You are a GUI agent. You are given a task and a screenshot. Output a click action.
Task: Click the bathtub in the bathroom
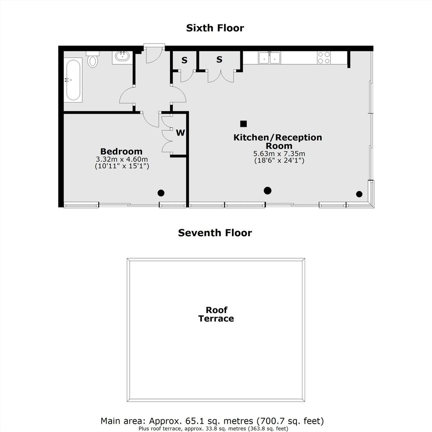coord(73,80)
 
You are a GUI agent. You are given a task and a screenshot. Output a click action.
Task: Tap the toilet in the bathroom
coord(92,59)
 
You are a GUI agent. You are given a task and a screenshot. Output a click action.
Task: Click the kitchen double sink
coord(269,58)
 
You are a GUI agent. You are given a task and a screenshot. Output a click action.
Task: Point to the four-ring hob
coord(324,58)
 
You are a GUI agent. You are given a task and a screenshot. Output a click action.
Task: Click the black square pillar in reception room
coord(243,124)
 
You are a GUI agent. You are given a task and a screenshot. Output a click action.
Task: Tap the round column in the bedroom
coord(161,193)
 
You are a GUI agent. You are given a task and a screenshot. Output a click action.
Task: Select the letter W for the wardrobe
coord(181,133)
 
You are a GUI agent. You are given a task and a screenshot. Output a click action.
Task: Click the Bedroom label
coord(121,151)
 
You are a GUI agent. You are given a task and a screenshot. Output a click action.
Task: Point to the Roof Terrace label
coord(216,314)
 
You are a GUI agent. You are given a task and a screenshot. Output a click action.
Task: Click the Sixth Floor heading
coord(215,28)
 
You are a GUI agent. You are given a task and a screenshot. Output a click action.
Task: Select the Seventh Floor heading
coord(215,233)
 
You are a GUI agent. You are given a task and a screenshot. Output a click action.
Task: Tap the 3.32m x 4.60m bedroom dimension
coord(122,159)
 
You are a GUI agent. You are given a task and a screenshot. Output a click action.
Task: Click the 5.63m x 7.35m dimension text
coord(279,154)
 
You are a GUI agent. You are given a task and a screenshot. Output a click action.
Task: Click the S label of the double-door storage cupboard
coord(219,59)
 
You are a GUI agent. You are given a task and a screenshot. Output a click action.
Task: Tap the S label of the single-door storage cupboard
coord(184,60)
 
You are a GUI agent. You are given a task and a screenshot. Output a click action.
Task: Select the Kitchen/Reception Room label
coord(278,142)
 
